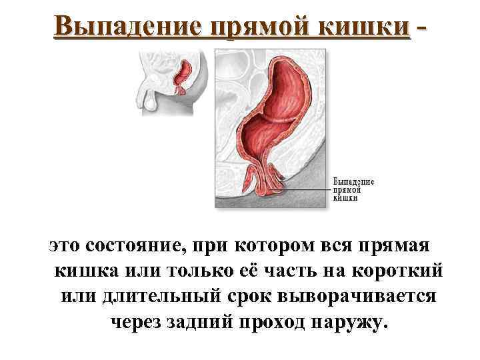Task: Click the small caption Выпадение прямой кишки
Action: [353, 189]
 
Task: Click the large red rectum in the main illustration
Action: [283, 113]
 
